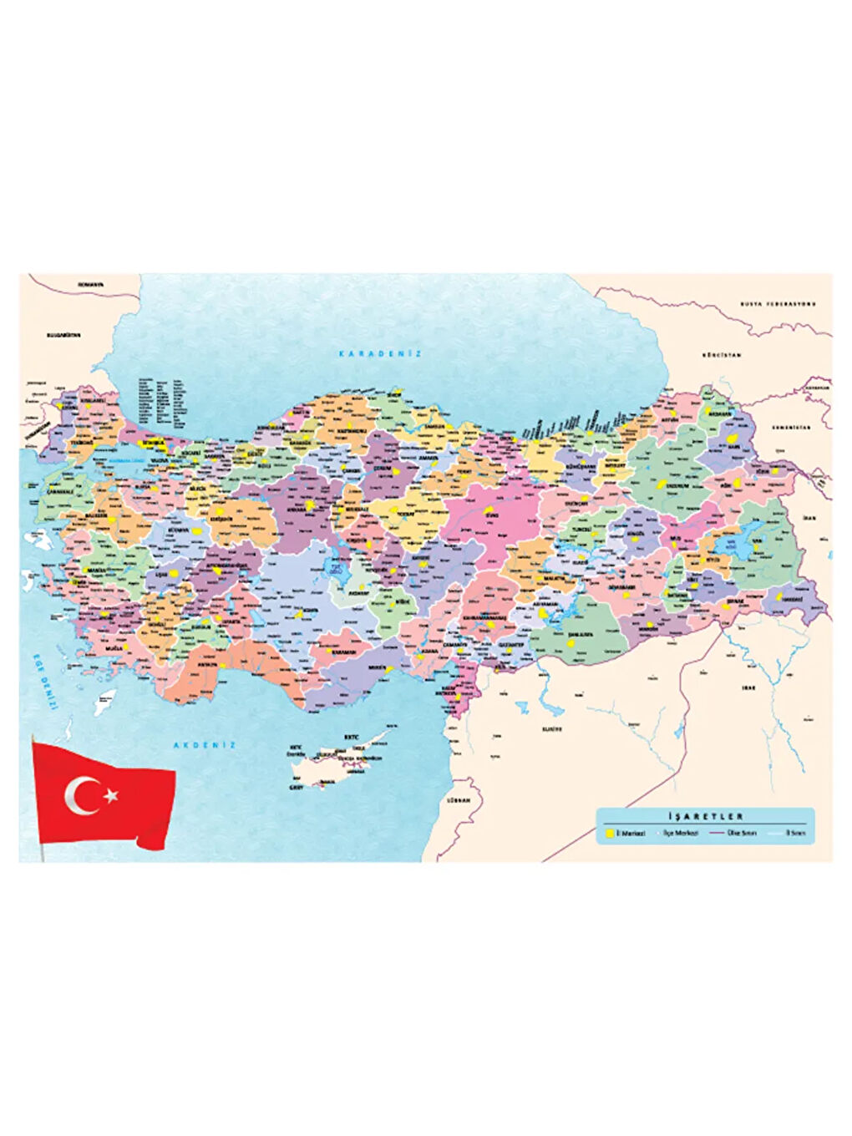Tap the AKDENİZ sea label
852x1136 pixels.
(x=205, y=744)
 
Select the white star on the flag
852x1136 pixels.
(x=110, y=794)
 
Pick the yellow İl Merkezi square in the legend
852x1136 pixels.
(x=610, y=834)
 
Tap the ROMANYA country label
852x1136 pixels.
(x=90, y=284)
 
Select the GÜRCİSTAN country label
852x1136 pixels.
(x=722, y=355)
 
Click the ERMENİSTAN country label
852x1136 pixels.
(x=791, y=427)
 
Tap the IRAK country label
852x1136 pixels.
(x=748, y=687)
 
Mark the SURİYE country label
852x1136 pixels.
(x=551, y=728)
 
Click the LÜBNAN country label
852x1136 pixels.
(x=459, y=799)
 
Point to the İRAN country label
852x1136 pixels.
(x=809, y=518)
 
